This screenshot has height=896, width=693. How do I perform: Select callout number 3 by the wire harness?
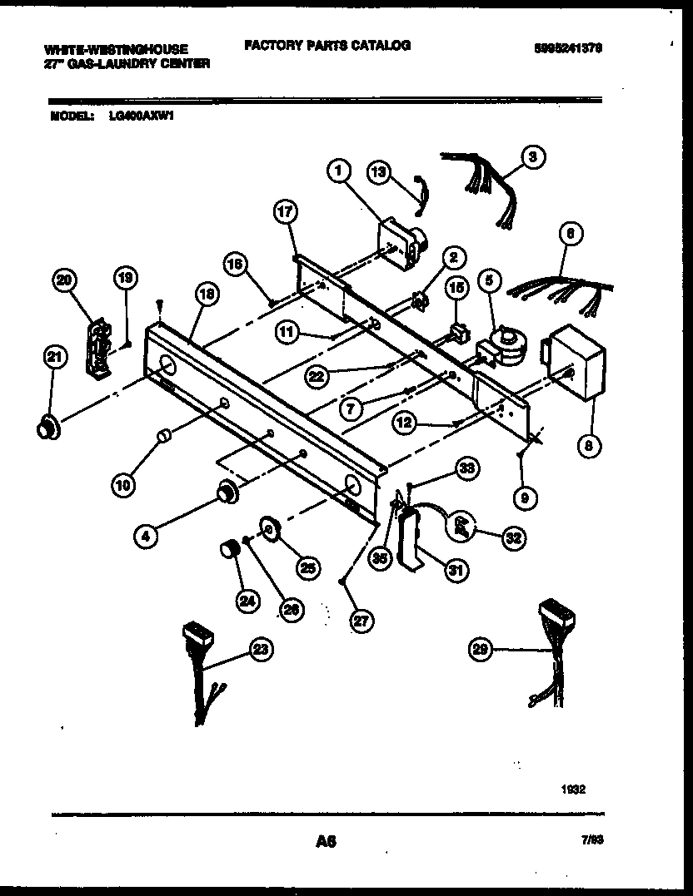tap(533, 156)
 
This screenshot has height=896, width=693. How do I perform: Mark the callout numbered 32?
tap(513, 538)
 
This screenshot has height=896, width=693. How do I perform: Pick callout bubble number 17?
tap(286, 214)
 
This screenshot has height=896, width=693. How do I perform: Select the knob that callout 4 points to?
tap(225, 493)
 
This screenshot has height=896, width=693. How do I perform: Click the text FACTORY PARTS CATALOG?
tap(327, 46)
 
